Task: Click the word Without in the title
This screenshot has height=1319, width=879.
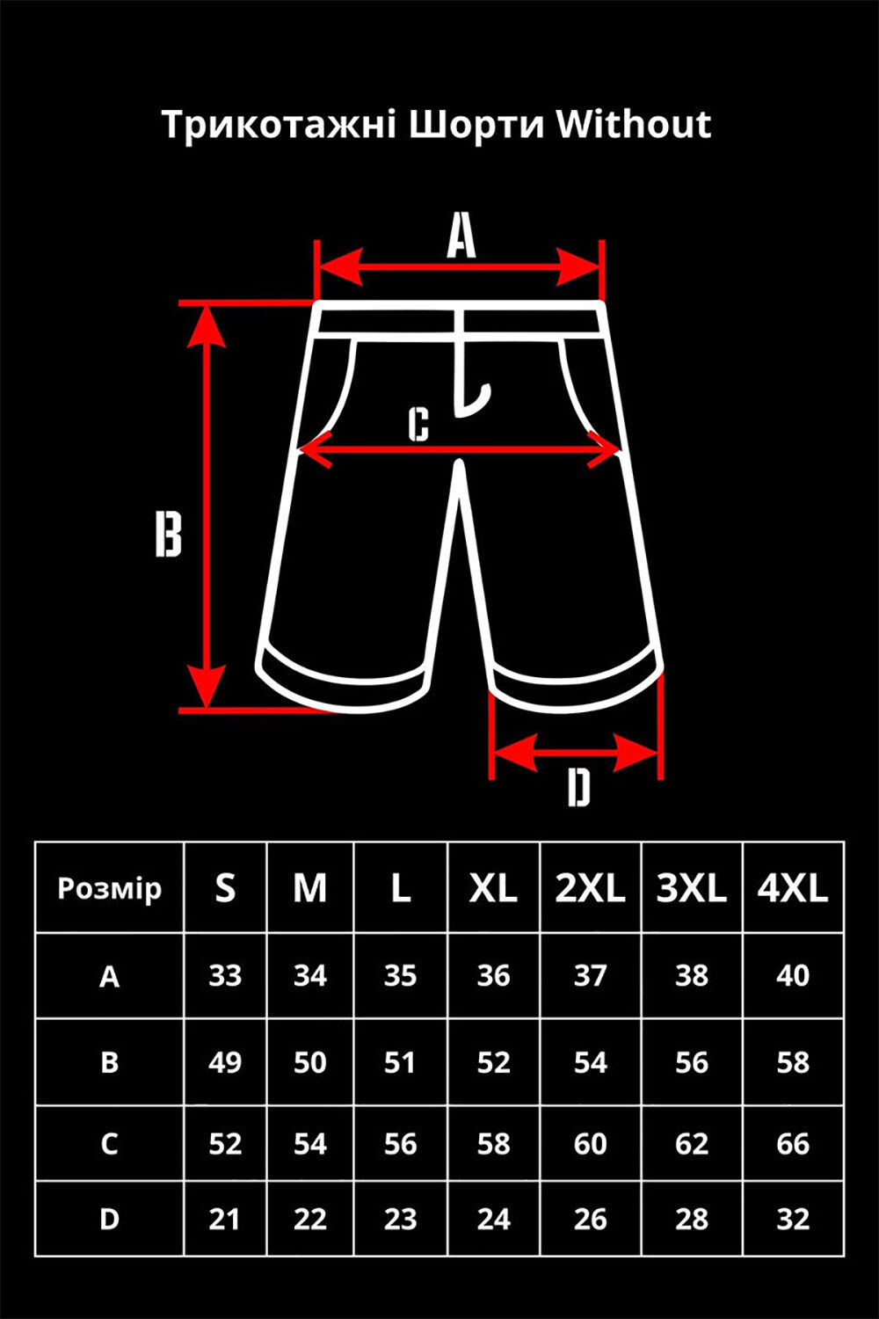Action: coord(634,124)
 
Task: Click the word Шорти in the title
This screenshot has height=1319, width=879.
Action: coord(476,125)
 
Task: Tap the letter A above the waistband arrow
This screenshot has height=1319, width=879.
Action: coord(461,237)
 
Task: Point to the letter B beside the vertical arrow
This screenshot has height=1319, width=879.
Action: coord(169,534)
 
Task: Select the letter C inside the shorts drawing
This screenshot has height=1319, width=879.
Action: coord(419,423)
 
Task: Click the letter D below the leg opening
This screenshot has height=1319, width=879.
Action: coord(578,788)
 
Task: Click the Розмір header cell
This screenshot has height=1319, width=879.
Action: coord(110,889)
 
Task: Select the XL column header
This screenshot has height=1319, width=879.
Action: coord(493,888)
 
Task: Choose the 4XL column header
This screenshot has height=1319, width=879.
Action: coord(793,888)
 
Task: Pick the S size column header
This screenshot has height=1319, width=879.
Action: coord(225,888)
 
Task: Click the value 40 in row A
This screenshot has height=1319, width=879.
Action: coord(793,976)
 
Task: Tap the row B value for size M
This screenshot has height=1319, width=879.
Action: coord(310,1063)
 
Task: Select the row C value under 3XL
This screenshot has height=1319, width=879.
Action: coord(692,1143)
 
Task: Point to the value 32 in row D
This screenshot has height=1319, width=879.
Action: coord(793,1219)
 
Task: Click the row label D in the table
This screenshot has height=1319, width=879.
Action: coord(110,1219)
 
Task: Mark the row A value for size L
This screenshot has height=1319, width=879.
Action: coord(400,976)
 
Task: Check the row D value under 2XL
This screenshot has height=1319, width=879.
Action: coord(591,1219)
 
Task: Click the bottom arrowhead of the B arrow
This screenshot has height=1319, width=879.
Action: coord(206,687)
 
